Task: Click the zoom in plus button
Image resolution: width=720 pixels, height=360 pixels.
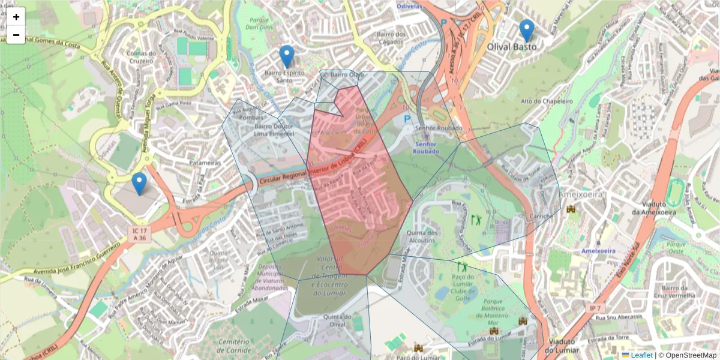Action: pyautogui.click(x=16, y=17)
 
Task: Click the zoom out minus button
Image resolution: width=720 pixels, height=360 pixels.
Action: pyautogui.click(x=16, y=35)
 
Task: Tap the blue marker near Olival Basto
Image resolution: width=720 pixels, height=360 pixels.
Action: pyautogui.click(x=526, y=30)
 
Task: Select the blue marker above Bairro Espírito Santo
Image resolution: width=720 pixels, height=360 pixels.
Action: pyautogui.click(x=287, y=56)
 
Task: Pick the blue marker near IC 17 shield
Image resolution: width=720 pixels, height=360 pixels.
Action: pyautogui.click(x=139, y=184)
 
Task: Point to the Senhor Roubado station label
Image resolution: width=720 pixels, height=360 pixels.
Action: pyautogui.click(x=425, y=151)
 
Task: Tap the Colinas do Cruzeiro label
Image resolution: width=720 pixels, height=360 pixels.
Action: pyautogui.click(x=140, y=56)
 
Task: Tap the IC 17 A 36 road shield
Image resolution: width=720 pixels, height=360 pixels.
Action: pyautogui.click(x=139, y=234)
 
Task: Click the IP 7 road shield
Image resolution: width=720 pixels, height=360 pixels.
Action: pyautogui.click(x=594, y=308)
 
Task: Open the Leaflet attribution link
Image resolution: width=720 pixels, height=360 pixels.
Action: pyautogui.click(x=641, y=355)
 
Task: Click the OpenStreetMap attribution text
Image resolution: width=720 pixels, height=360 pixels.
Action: pyautogui.click(x=688, y=355)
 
